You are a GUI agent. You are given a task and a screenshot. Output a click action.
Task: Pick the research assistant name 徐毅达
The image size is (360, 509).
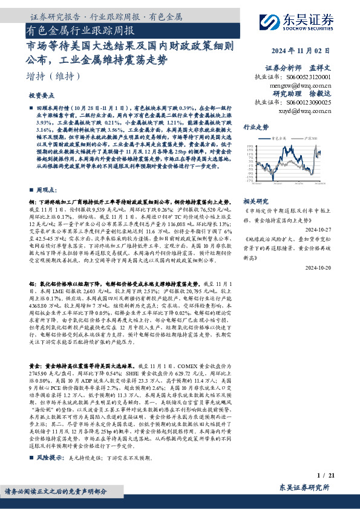click(x=336, y=94)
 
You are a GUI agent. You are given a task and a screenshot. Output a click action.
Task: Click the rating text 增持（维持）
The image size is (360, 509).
click(x=53, y=77)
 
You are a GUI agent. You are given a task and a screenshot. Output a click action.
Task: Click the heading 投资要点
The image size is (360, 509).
click(x=42, y=96)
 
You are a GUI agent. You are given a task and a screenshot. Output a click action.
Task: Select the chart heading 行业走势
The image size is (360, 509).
click(x=255, y=128)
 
